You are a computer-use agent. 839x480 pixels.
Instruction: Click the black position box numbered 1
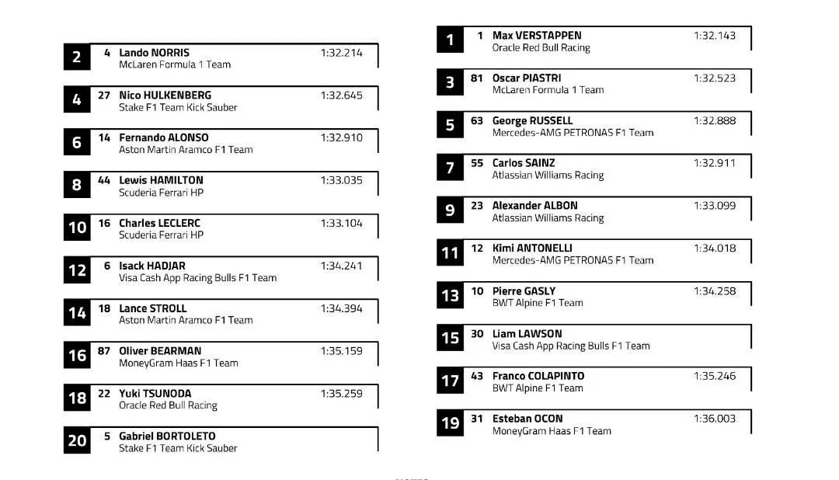450,40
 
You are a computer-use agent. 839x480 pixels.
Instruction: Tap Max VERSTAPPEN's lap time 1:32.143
714,36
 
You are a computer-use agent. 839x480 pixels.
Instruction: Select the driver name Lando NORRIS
154,53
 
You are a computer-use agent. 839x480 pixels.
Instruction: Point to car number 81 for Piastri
477,78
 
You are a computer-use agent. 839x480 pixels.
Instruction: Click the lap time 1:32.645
341,96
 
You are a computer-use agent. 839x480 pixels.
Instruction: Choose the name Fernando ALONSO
163,138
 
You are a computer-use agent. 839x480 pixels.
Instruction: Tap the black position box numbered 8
77,185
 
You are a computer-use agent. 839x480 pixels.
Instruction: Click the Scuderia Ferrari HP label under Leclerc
161,235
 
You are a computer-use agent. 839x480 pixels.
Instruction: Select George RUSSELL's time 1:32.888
714,121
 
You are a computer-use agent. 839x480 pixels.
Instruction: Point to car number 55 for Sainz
477,163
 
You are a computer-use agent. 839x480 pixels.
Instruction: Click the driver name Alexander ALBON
534,206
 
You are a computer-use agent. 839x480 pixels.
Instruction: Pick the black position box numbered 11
450,253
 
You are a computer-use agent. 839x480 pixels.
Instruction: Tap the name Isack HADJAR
151,266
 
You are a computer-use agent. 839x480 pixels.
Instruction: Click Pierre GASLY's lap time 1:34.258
714,291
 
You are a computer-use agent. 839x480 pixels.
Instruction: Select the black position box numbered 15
450,338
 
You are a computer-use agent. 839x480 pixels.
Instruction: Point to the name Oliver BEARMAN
159,351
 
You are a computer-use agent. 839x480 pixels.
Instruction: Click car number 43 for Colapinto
477,376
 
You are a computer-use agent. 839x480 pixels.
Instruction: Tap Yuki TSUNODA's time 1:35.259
341,394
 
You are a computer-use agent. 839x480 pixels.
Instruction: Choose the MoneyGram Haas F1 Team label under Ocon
552,431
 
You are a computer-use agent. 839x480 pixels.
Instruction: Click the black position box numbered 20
77,440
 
